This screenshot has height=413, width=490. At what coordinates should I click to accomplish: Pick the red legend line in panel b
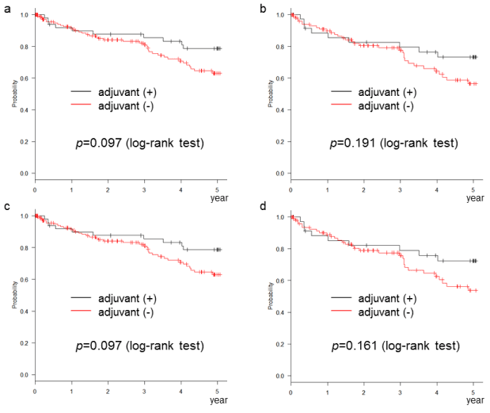[x=344, y=105]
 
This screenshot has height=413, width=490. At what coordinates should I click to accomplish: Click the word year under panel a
[x=219, y=198]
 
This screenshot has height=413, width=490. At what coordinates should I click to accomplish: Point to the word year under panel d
[x=474, y=401]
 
